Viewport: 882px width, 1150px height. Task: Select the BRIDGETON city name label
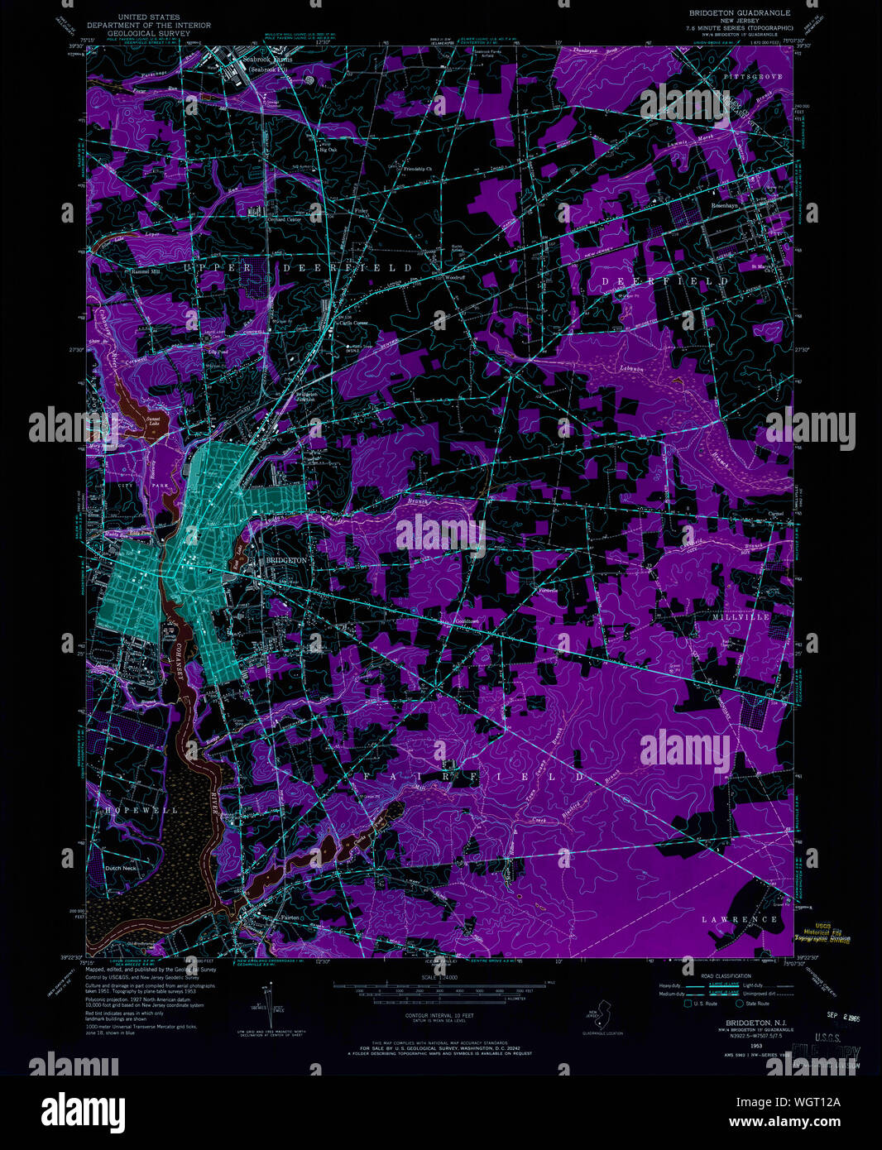click(x=285, y=560)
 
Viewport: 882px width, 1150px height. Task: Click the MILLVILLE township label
click(x=735, y=617)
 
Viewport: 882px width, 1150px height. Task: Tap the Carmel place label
click(x=775, y=514)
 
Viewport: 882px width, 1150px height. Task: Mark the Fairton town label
click(x=261, y=915)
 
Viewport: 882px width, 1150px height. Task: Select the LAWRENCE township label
click(x=739, y=919)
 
